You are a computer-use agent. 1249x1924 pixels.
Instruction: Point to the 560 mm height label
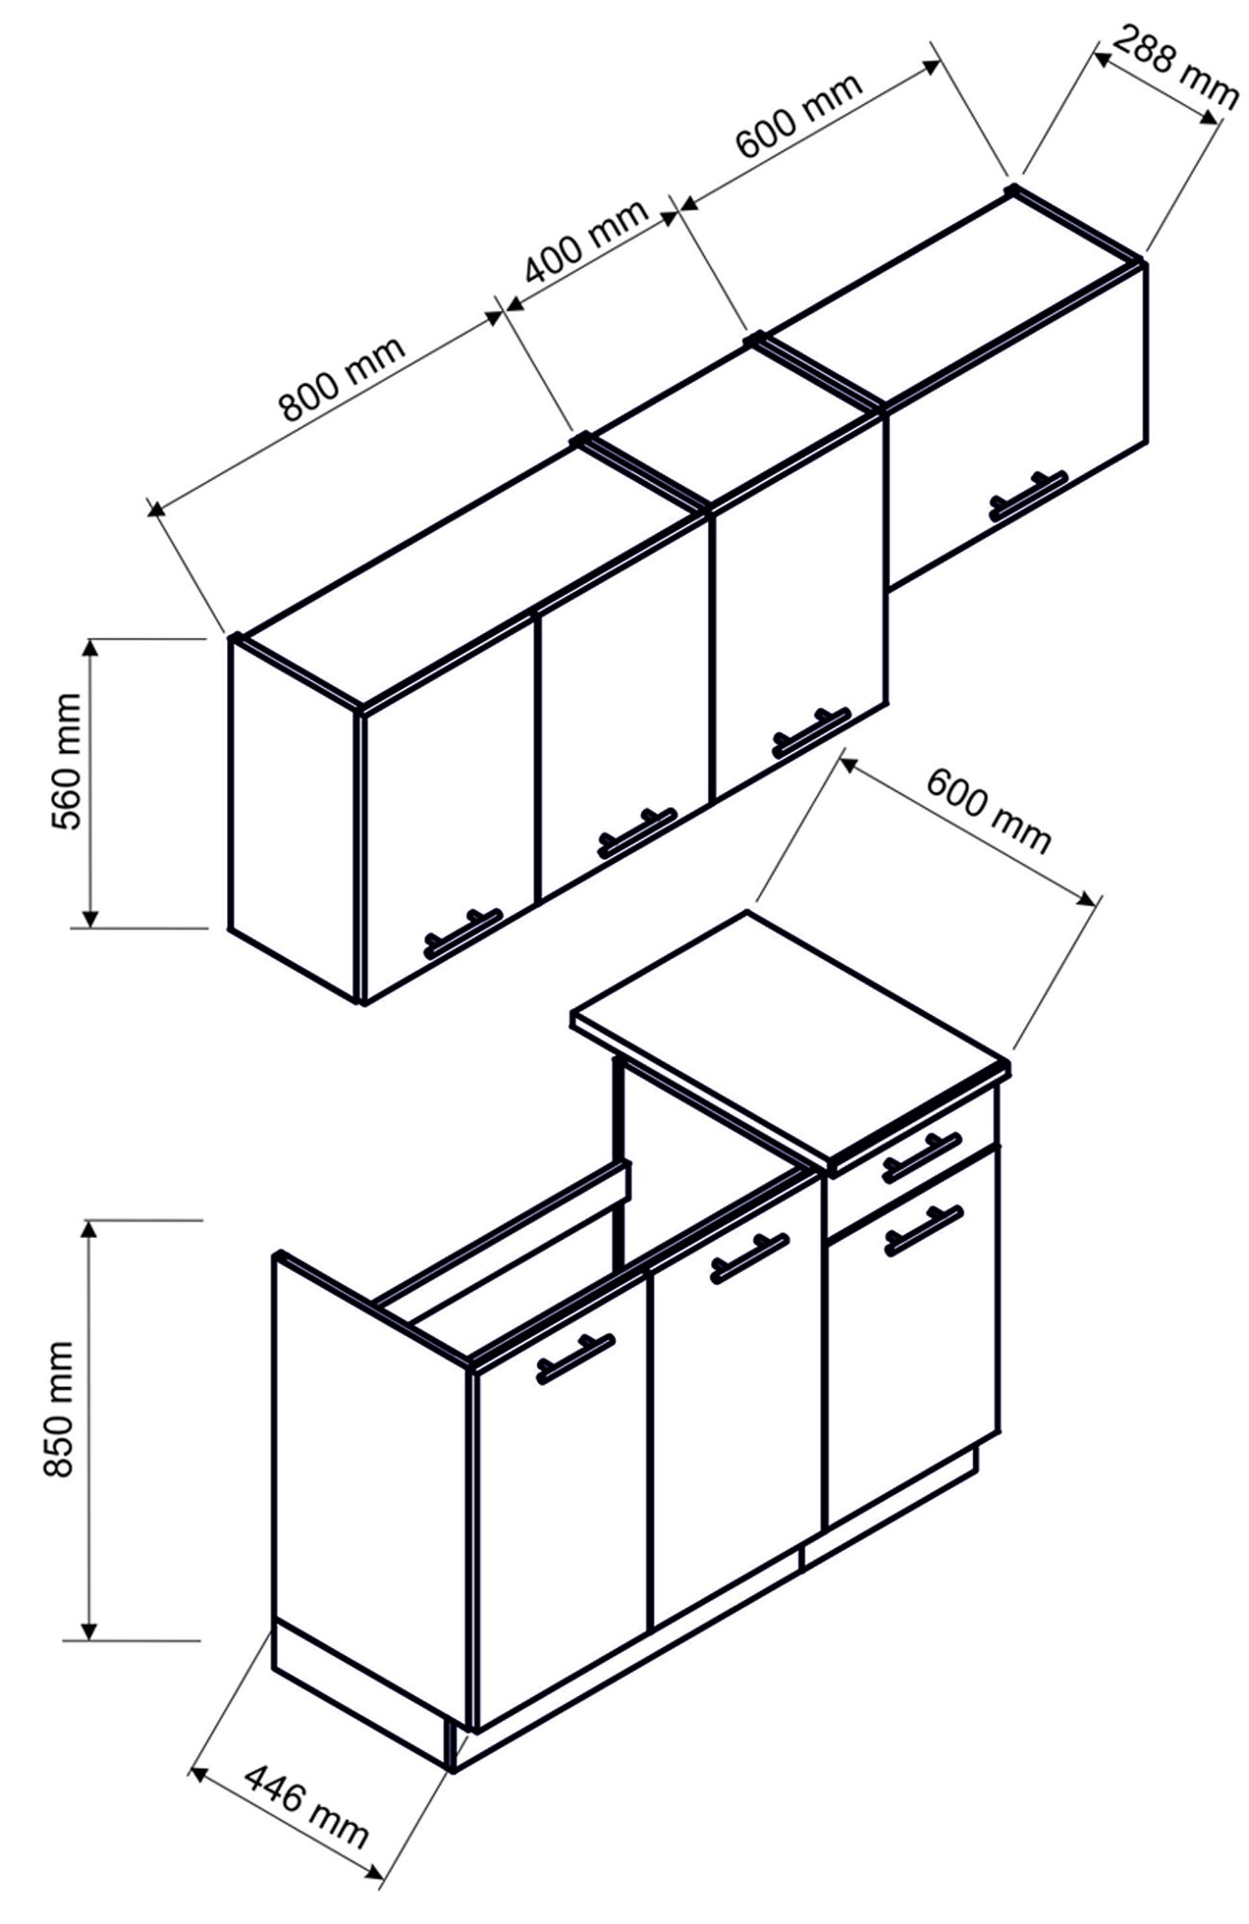[x=69, y=760]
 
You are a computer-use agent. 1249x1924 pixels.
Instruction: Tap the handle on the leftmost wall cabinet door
[x=463, y=931]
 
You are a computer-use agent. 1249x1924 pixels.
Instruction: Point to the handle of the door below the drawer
[x=923, y=1229]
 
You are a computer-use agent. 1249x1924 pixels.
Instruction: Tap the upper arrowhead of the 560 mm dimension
[x=89, y=647]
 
